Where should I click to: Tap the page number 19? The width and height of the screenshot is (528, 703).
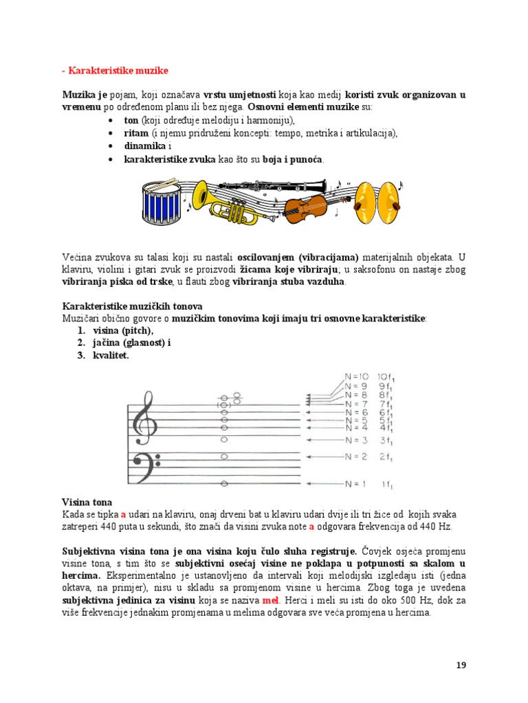[x=461, y=665]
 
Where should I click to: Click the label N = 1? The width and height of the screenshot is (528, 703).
[x=356, y=484]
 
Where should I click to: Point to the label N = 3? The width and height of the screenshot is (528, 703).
[x=356, y=439]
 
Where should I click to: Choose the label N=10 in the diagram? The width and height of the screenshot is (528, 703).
[x=357, y=376]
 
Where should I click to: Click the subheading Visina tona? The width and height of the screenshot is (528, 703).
[x=87, y=502]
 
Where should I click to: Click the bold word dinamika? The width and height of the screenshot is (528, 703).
[x=144, y=146]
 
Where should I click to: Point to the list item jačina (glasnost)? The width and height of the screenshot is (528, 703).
[x=131, y=343]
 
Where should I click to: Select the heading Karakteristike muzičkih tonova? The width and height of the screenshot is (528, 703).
[x=132, y=306]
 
